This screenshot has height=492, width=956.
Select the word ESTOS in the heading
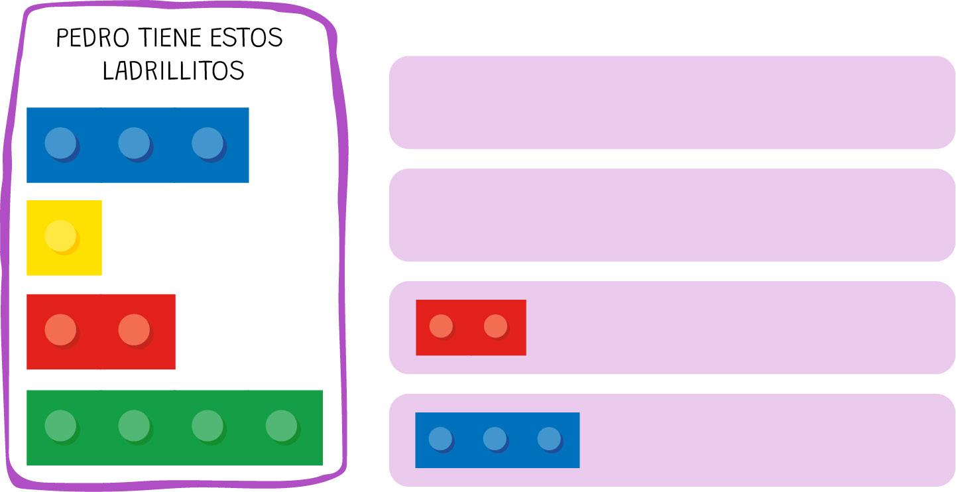[247, 38]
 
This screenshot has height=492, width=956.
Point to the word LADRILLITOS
[173, 70]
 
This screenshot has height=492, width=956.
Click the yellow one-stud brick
[64, 237]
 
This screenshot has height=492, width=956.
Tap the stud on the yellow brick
[61, 236]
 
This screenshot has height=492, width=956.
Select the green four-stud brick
[174, 428]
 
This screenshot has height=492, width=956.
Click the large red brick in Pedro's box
[101, 332]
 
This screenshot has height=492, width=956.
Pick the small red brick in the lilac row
[471, 328]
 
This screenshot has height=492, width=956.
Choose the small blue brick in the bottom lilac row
[497, 440]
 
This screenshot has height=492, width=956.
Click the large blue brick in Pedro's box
[137, 145]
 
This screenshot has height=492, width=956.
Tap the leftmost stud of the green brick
[61, 426]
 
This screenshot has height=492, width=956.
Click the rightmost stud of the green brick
[282, 426]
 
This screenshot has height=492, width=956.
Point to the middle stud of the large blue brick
[135, 143]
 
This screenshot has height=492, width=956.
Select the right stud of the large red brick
[135, 330]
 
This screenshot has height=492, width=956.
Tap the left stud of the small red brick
[441, 326]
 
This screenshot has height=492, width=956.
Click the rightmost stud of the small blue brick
[549, 438]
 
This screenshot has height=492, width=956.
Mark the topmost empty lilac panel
[672, 102]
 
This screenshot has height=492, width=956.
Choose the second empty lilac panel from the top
[672, 215]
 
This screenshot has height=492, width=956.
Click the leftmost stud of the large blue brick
[61, 143]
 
